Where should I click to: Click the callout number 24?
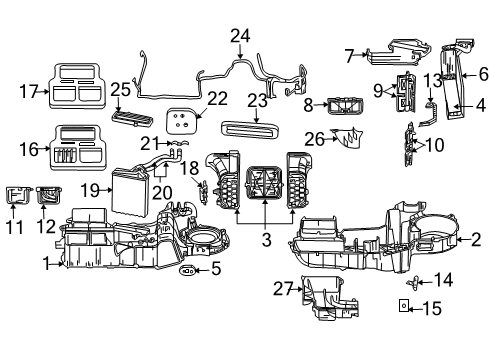pos(239,37)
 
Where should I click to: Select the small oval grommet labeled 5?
pos(188,269)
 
